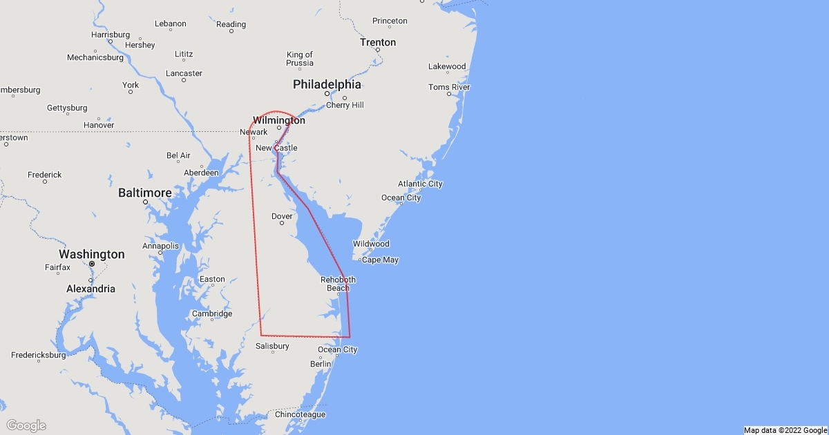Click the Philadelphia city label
[x=327, y=84]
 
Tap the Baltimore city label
[x=144, y=192]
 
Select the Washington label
[x=92, y=254]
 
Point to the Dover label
[x=282, y=216]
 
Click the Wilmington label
[x=279, y=120]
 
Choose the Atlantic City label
[x=420, y=184]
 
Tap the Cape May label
[x=381, y=260]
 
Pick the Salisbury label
[x=272, y=346]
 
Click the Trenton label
[x=378, y=42]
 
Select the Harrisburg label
[x=111, y=35]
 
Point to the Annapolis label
[x=161, y=246]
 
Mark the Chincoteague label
[x=300, y=415]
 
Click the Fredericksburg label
[x=38, y=356]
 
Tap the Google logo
[x=26, y=425]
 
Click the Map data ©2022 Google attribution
[x=785, y=430]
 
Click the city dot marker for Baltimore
[x=145, y=202]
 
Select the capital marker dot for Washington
[x=91, y=264]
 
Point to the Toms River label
[x=449, y=87]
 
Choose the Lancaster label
[x=184, y=73]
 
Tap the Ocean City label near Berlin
[x=338, y=349]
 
